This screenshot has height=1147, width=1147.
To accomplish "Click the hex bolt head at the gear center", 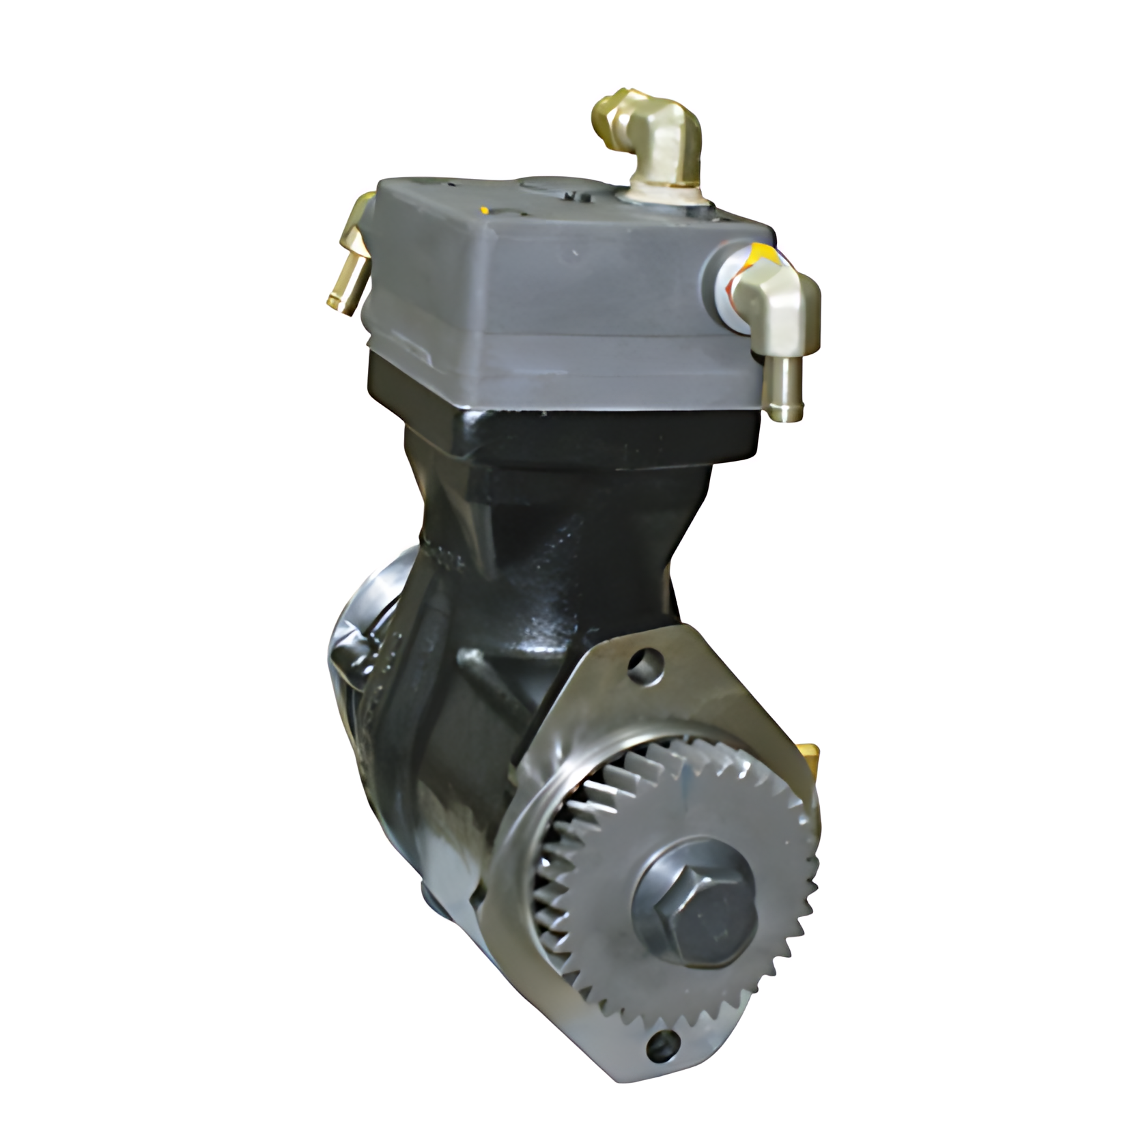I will tap(693, 914).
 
